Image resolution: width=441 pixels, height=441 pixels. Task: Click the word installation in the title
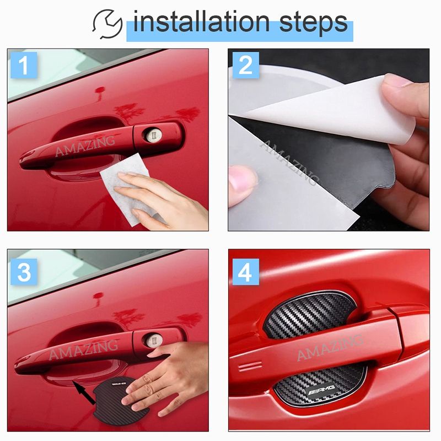point(201,22)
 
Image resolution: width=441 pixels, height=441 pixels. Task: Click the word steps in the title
point(314,24)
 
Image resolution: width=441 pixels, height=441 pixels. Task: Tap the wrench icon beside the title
point(107,24)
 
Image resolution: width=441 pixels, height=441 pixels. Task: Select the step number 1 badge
point(24,65)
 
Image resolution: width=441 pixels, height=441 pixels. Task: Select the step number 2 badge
point(245,65)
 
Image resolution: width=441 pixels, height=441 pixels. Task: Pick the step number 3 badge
point(24,272)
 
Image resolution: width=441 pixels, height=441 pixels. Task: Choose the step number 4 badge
point(245,272)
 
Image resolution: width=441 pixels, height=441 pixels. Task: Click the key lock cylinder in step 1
point(154,135)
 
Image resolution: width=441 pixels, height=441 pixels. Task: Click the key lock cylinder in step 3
point(154,340)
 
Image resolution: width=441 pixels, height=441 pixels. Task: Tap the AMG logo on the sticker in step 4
point(321,389)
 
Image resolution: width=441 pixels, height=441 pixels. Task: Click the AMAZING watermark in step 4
point(330,348)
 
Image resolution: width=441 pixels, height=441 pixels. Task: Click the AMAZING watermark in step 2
point(289,163)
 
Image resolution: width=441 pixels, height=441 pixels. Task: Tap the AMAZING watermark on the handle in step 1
point(85,146)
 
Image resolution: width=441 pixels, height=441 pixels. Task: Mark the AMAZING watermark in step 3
point(83,349)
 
